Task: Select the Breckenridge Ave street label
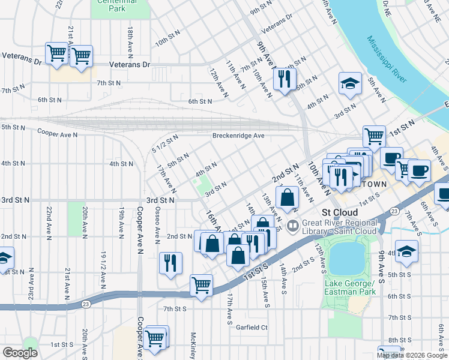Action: click(x=238, y=136)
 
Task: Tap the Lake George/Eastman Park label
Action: click(x=350, y=287)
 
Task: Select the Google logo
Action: click(x=20, y=352)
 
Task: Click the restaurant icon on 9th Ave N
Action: click(x=285, y=79)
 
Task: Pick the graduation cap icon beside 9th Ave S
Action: click(x=406, y=251)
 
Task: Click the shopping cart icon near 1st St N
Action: click(x=374, y=136)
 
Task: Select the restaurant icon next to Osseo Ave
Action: click(x=170, y=263)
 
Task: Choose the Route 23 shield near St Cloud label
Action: click(x=393, y=211)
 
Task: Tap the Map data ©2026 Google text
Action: click(x=412, y=355)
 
